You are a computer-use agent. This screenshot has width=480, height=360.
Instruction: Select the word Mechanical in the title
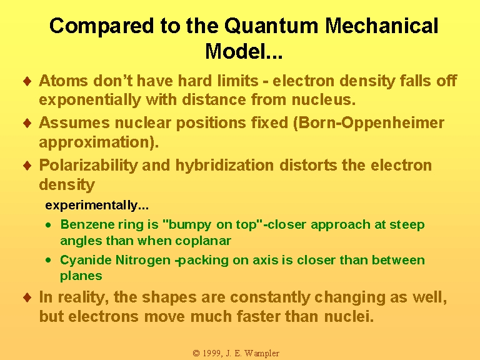pos(381,26)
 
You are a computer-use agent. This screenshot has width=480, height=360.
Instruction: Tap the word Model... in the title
pos(244,51)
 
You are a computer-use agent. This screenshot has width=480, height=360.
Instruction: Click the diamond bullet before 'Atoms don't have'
pos(27,81)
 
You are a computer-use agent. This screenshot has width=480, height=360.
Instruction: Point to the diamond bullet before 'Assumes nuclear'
pos(27,123)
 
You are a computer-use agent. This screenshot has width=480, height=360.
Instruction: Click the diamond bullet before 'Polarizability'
pos(27,165)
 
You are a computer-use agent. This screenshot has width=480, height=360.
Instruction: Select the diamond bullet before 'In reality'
pos(27,297)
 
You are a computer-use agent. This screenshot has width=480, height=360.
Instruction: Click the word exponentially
pos(90,100)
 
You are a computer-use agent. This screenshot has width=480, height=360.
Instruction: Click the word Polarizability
pos(89,166)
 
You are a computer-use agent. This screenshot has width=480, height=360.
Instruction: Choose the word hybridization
pos(224,166)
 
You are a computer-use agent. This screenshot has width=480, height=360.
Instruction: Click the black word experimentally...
pos(91,206)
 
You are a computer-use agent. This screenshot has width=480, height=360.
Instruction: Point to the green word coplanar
pos(203,241)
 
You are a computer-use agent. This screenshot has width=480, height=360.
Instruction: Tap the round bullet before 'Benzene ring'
pos(48,225)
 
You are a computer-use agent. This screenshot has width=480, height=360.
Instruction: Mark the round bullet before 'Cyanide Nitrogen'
pos(48,261)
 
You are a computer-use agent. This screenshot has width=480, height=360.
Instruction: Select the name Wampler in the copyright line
pos(262,354)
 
